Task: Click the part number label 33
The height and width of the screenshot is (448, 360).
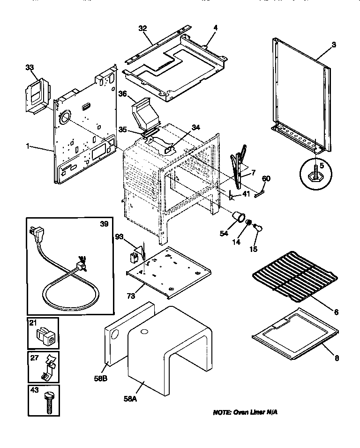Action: [30, 67]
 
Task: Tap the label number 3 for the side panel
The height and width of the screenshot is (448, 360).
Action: [333, 45]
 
